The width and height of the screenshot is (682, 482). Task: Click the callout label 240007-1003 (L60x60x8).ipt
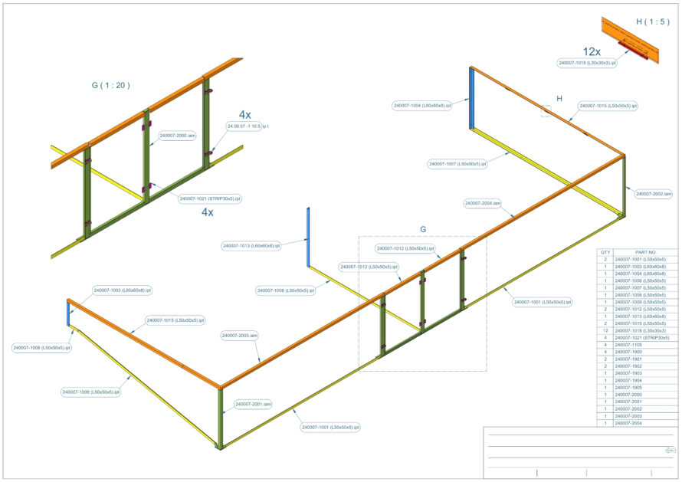tap(123, 290)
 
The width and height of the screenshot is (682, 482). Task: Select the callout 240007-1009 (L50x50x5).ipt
tap(91, 392)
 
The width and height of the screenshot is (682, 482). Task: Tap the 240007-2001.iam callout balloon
tap(254, 404)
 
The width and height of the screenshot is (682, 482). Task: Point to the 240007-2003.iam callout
tap(240, 336)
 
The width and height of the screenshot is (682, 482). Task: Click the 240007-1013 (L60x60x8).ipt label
tap(251, 246)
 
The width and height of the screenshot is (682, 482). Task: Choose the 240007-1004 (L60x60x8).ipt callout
tap(422, 105)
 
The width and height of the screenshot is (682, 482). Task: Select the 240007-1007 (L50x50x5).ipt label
tap(458, 164)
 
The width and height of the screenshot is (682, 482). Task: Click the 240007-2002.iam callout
tap(654, 194)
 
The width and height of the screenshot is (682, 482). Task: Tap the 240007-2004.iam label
tap(484, 204)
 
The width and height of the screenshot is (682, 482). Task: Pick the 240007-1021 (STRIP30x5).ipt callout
tap(210, 198)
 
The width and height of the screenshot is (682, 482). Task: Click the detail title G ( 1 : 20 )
tap(110, 86)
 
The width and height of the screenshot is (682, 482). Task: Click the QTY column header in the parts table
tap(605, 252)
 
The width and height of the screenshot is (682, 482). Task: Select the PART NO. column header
tap(646, 252)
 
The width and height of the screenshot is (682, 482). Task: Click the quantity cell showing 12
tap(605, 330)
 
